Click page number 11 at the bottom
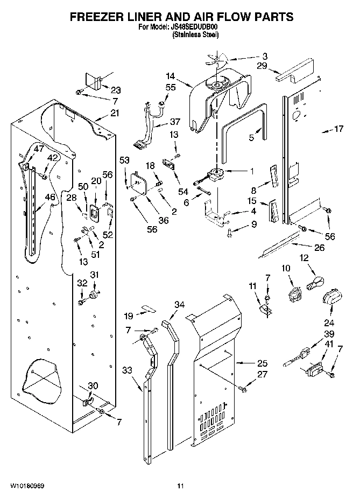180,486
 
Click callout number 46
50,198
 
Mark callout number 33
127,370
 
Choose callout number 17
338,129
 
